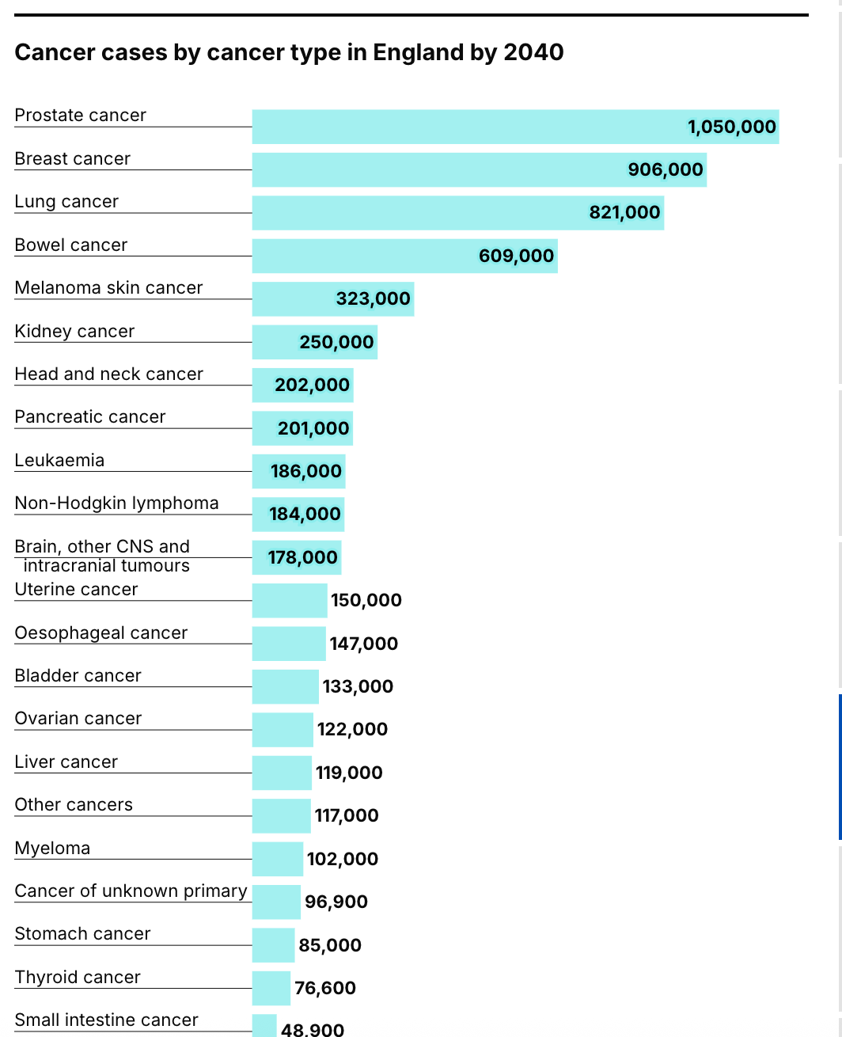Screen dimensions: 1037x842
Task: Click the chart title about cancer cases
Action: coord(289,52)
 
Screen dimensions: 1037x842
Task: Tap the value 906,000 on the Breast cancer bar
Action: coord(665,169)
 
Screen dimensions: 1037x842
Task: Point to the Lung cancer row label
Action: coord(66,202)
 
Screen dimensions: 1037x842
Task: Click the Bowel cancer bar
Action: coord(364,256)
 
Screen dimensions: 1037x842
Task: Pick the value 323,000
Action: coord(373,298)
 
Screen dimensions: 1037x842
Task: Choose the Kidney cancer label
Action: coord(74,331)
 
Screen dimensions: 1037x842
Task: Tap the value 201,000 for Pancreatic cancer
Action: coord(313,428)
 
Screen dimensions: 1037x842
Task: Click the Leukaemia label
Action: coord(59,460)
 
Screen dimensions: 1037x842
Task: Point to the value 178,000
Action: coord(302,557)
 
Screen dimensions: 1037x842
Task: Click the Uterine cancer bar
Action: coord(289,601)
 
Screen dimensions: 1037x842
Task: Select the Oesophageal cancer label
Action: coord(101,632)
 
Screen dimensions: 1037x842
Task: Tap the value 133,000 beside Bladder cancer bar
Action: coord(358,686)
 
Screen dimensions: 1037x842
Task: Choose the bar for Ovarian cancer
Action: coord(283,730)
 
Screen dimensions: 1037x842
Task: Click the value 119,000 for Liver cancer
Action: coord(349,773)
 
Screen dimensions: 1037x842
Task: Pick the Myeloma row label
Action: coord(52,848)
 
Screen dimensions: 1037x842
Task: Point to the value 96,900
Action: coord(336,902)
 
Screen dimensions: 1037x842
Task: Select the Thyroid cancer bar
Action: coord(271,988)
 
